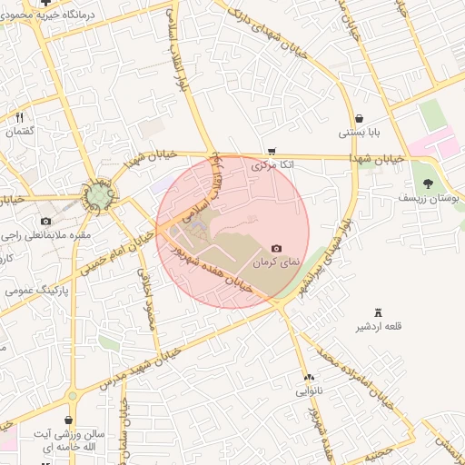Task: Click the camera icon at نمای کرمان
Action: pyautogui.click(x=276, y=249)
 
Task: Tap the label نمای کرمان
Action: pyautogui.click(x=275, y=262)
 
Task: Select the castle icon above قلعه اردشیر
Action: pyautogui.click(x=380, y=312)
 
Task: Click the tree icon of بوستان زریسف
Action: pyautogui.click(x=428, y=184)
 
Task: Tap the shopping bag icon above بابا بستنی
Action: pyautogui.click(x=360, y=118)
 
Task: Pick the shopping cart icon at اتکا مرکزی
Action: pyautogui.click(x=271, y=152)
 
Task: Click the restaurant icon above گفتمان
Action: pyautogui.click(x=18, y=117)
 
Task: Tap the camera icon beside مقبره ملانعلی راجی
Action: pyautogui.click(x=46, y=221)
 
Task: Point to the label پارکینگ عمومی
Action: pyautogui.click(x=33, y=292)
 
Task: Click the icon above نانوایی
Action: pyautogui.click(x=308, y=377)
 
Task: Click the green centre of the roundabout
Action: pyautogui.click(x=98, y=196)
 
